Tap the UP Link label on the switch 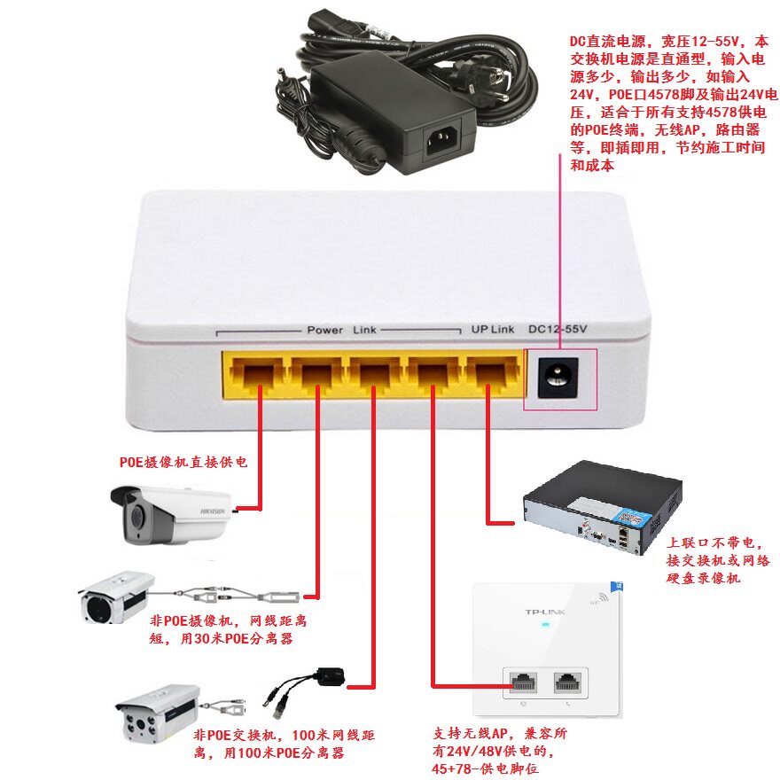(493, 330)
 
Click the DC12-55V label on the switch (558, 329)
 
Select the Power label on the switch (324, 330)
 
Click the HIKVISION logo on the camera (213, 511)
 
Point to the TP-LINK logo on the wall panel (545, 612)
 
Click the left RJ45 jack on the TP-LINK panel (524, 682)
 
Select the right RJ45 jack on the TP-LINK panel (567, 682)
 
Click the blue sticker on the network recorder (633, 519)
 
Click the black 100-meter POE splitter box (329, 677)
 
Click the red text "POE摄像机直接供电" (183, 462)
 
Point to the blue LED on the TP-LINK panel (545, 624)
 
